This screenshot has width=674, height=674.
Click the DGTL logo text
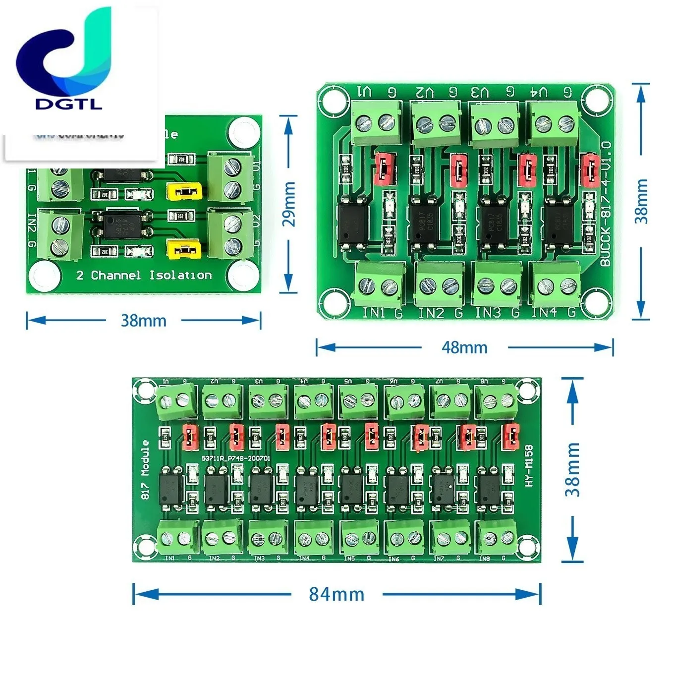point(68,104)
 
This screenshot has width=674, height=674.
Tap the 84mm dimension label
point(337,594)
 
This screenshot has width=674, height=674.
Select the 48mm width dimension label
point(464,347)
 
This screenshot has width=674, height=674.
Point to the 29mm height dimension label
point(289,204)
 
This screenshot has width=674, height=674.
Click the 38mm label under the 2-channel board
point(143,321)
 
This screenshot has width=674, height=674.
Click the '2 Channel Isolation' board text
point(144,275)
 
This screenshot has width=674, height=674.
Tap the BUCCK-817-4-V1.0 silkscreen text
point(606,204)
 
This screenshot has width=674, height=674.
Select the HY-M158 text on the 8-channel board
point(529,465)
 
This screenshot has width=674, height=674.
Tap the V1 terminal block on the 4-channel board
point(376,122)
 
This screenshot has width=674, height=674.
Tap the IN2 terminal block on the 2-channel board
point(60,235)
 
